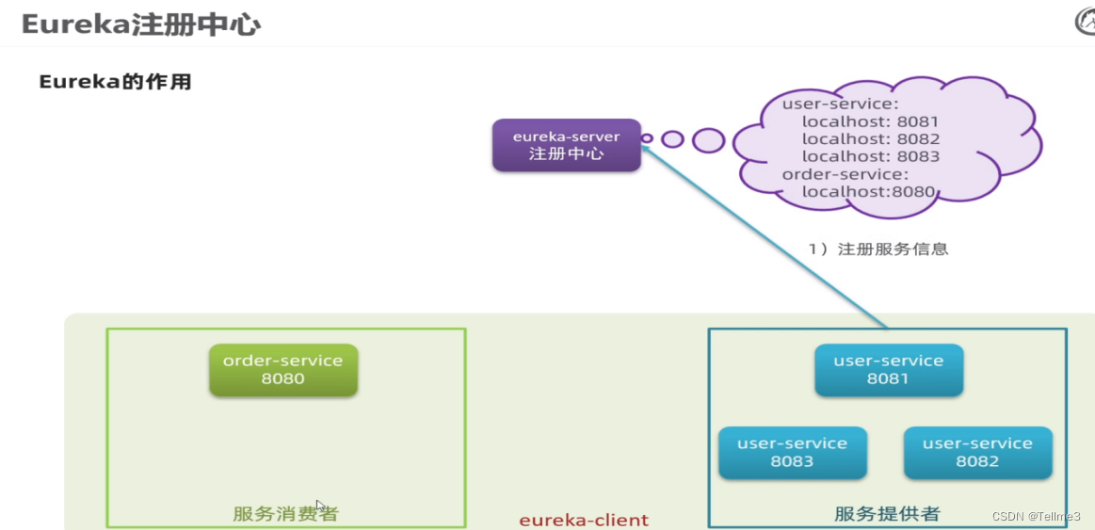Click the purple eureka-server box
click(566, 145)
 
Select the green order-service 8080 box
click(282, 370)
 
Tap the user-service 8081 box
click(888, 370)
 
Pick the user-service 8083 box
click(792, 453)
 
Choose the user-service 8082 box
click(977, 453)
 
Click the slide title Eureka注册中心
click(141, 24)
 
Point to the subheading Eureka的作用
click(115, 82)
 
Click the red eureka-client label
click(584, 520)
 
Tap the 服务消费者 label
click(285, 514)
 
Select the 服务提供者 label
click(887, 514)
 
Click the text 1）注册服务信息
click(878, 249)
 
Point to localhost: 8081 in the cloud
click(870, 121)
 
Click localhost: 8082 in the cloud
click(870, 139)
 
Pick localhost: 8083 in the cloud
click(870, 157)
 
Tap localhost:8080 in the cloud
click(868, 192)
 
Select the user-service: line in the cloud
click(840, 104)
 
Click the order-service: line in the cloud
click(845, 174)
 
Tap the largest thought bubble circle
click(708, 140)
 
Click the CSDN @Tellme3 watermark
click(1035, 516)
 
